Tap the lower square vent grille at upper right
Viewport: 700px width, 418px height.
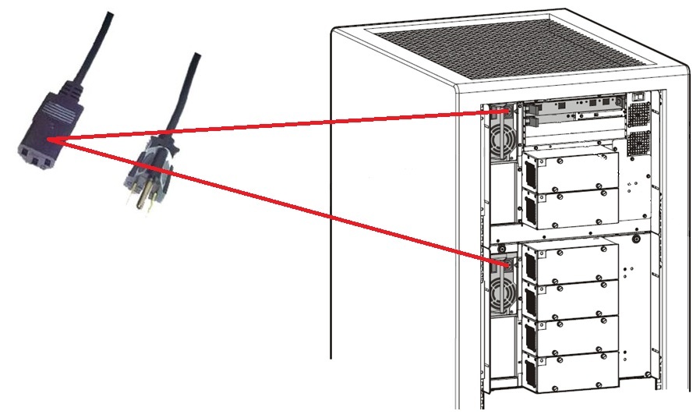coord(638,143)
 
